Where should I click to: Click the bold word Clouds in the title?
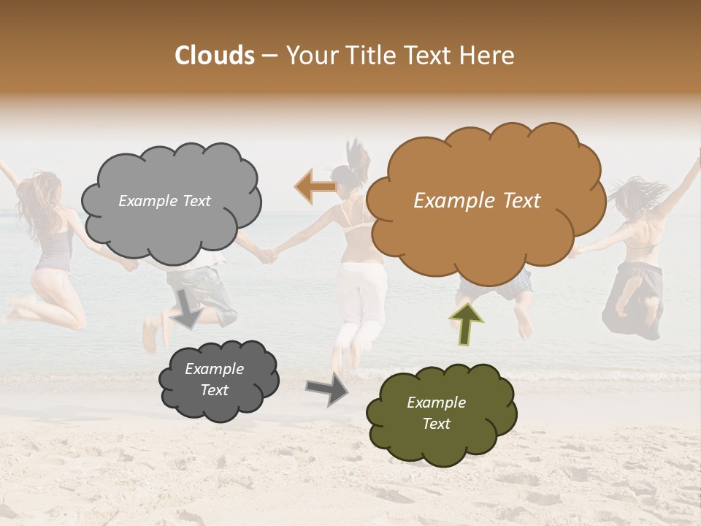pos(215,56)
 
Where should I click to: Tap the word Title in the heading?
pos(372,56)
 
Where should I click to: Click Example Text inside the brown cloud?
pos(477,201)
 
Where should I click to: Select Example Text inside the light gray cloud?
pos(164,201)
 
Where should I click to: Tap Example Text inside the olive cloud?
pos(436,413)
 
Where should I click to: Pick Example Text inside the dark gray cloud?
pos(214,379)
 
